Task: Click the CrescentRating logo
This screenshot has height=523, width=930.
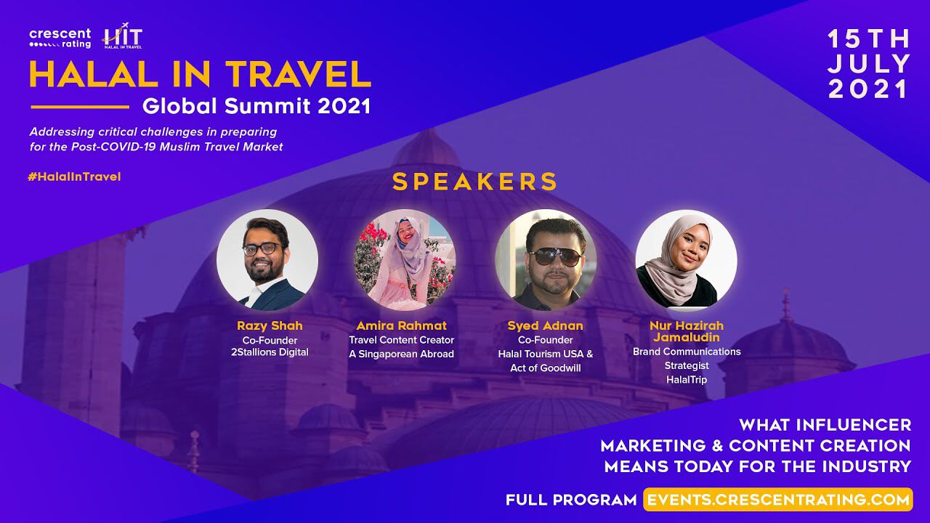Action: click(60, 38)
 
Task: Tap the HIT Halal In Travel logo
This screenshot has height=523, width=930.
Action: click(123, 36)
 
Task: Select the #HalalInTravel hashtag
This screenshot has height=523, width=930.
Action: click(74, 177)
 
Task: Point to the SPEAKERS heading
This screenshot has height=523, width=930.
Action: click(474, 182)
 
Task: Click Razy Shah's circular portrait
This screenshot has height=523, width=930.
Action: click(267, 260)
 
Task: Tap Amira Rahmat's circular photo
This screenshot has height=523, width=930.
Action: click(405, 260)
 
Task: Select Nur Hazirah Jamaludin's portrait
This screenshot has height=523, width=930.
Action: click(687, 260)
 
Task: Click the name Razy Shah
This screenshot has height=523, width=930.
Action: click(270, 326)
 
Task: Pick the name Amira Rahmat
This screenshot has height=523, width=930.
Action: click(402, 326)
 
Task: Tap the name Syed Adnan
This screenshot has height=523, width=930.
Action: click(545, 326)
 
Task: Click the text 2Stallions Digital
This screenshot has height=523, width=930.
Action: click(270, 352)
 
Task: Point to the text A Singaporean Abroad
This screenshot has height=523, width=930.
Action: click(402, 354)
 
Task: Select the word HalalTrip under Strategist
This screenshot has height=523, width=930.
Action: click(687, 380)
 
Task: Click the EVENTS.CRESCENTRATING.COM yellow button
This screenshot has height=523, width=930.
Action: click(778, 499)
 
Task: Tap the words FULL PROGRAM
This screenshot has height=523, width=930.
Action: click(571, 500)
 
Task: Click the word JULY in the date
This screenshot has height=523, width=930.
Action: click(868, 64)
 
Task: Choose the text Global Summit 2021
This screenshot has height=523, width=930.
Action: click(256, 106)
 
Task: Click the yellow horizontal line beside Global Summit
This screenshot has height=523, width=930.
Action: click(80, 107)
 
